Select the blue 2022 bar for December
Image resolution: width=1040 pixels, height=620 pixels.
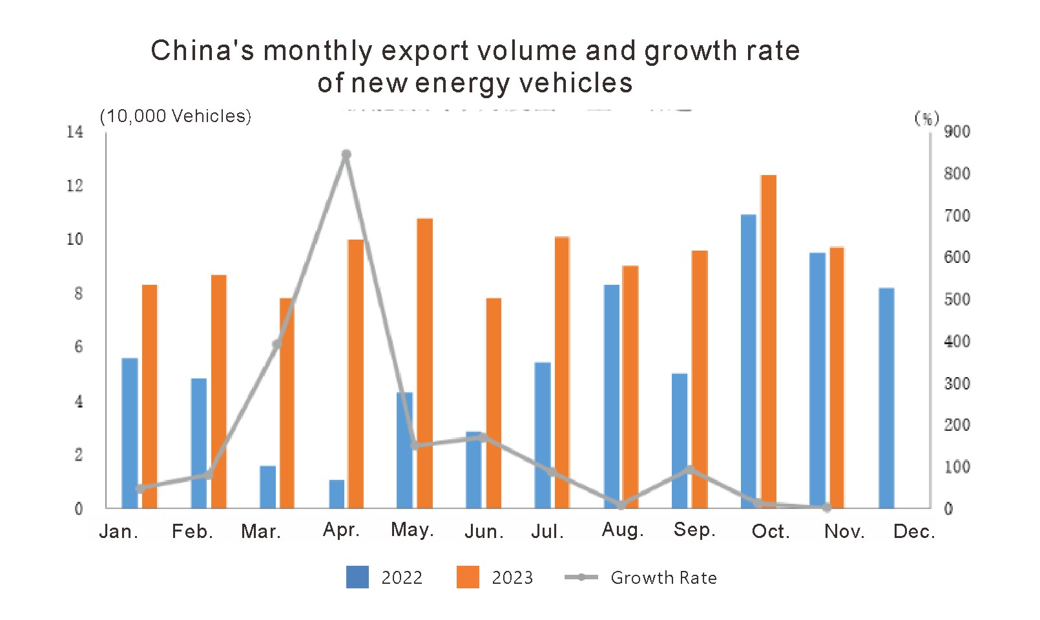(886, 397)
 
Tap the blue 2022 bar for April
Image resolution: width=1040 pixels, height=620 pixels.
(337, 493)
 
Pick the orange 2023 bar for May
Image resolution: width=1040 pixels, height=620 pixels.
(424, 363)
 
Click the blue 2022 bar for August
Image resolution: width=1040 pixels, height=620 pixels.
(611, 396)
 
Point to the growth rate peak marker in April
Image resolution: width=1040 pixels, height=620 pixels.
(346, 154)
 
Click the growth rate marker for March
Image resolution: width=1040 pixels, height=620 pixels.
(277, 344)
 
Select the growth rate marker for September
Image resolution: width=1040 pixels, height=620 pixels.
(690, 470)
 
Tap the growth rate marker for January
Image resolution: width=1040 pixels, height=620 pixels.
(140, 488)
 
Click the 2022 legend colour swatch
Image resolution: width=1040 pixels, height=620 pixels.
(357, 577)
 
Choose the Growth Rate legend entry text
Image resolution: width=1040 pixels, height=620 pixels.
(663, 577)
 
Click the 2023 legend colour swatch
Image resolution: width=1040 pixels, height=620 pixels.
(468, 577)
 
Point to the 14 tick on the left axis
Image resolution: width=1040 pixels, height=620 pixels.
(75, 132)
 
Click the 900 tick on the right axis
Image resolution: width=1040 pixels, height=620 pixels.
(957, 132)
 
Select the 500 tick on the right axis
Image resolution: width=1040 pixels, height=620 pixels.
(957, 300)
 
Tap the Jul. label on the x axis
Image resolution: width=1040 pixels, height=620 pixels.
(547, 532)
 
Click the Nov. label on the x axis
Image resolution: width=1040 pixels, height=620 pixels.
(844, 532)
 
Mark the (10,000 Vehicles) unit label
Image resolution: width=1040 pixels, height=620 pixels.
(175, 116)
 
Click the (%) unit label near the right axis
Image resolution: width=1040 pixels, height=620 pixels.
(926, 118)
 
